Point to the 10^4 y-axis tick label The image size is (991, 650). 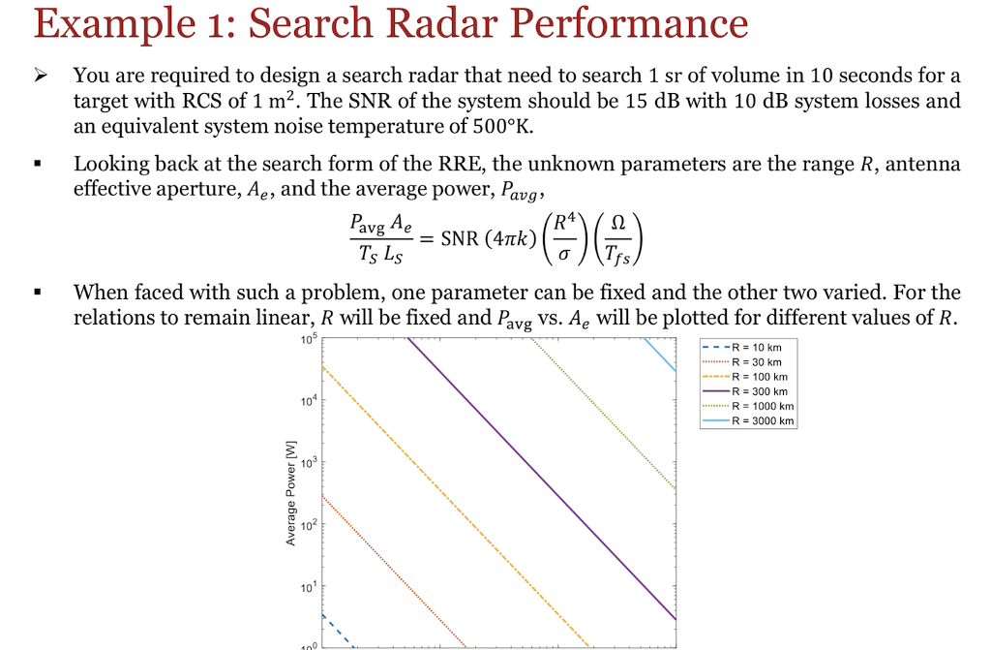[307, 400]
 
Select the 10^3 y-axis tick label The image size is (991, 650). [307, 463]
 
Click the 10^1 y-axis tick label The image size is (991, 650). [307, 588]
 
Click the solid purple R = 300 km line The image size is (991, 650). [542, 480]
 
